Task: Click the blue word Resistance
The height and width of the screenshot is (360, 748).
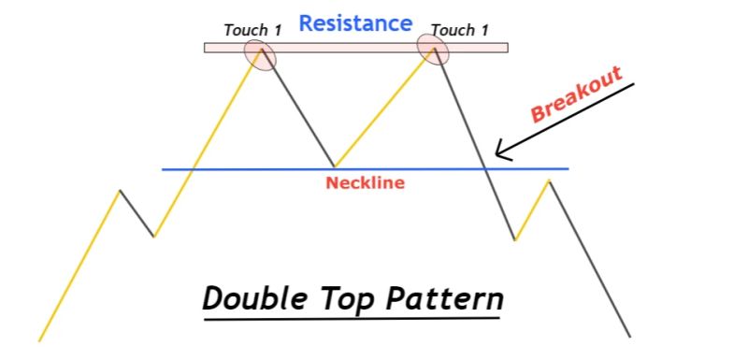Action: (354, 22)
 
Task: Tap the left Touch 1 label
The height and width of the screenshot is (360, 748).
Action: (252, 30)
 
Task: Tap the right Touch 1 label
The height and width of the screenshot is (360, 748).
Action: (460, 30)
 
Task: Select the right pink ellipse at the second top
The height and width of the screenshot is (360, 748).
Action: (433, 49)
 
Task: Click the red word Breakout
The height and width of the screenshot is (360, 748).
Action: (576, 96)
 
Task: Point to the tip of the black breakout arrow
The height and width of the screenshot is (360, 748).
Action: (496, 156)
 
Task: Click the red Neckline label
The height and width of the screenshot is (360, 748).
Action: (365, 183)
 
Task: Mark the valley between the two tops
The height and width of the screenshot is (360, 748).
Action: (334, 166)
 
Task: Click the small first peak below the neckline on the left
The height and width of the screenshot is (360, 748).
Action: (120, 191)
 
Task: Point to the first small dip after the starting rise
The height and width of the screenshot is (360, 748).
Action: (154, 237)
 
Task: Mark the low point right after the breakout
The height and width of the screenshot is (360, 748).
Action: (515, 240)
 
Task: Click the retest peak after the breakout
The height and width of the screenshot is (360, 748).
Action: (549, 180)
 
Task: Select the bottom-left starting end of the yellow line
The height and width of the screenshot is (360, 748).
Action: (39, 339)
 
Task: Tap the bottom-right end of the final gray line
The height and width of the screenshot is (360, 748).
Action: (630, 337)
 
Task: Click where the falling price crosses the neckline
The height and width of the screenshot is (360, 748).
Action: (485, 169)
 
